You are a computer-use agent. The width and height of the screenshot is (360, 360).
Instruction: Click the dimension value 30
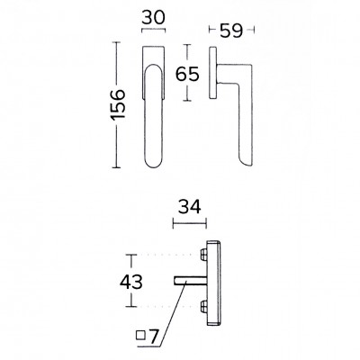[x=153, y=17]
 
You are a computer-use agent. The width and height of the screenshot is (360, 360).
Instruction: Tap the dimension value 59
[x=231, y=31]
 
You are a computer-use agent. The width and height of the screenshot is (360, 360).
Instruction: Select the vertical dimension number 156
[x=118, y=104]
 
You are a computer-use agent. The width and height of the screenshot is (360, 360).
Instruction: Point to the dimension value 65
[x=187, y=74]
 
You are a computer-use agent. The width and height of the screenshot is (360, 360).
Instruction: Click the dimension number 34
[x=190, y=207]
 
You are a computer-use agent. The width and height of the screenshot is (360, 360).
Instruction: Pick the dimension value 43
[x=131, y=282]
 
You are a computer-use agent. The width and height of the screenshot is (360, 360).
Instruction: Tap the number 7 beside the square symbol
[x=153, y=337]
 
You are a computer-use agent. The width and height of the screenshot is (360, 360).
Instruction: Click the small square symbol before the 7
[x=140, y=335]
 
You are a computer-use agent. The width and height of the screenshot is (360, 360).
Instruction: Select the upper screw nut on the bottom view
[x=203, y=255]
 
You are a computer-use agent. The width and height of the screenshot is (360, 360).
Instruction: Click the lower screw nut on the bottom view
[x=203, y=306]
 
